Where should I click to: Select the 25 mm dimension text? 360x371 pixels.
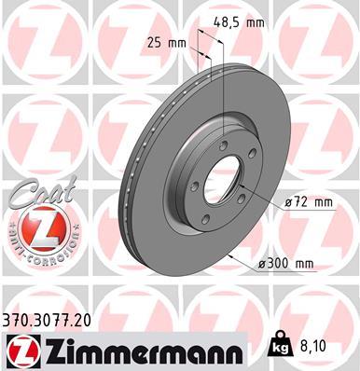[164, 43]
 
